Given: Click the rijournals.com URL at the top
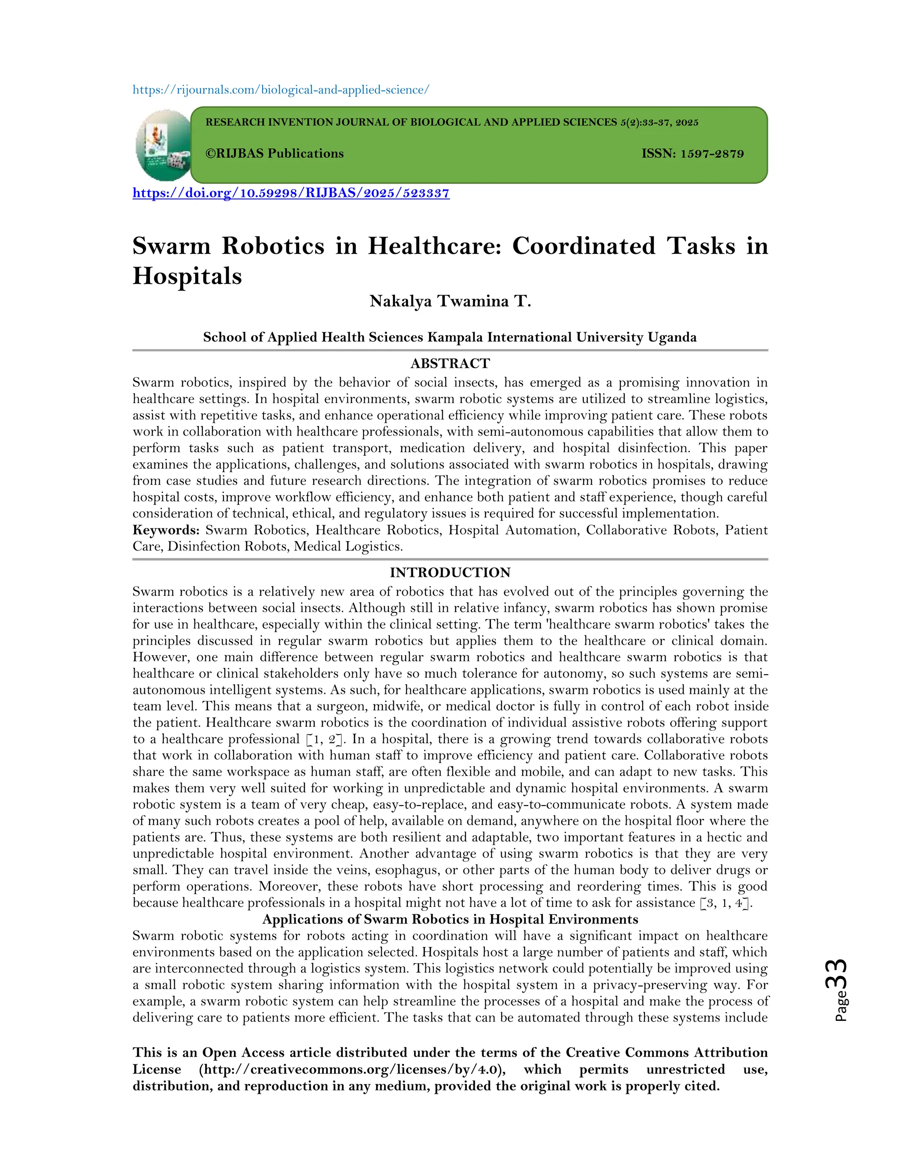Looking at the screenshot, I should (281, 90).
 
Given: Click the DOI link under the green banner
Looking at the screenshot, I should (291, 193).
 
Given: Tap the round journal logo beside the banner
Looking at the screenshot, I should (163, 145).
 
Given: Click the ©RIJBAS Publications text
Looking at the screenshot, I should (275, 154).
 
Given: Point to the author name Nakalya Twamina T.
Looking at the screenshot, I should (450, 302).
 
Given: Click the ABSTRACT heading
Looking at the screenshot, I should (450, 363).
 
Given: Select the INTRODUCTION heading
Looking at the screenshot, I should (450, 573).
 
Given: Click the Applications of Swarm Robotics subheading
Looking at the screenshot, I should (450, 919).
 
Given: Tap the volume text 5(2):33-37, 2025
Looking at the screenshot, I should (659, 123).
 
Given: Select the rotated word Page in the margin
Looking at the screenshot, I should (841, 1006).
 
